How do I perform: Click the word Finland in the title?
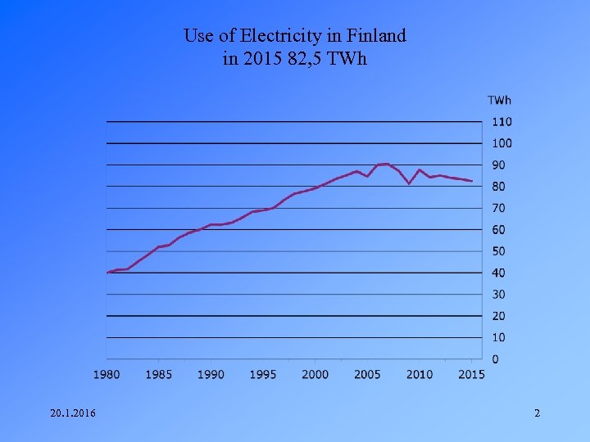coord(376,36)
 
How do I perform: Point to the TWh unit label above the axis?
coord(499,101)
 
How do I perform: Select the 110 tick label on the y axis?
coord(501,122)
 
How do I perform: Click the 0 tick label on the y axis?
coord(495,360)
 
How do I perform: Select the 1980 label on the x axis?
coord(107,375)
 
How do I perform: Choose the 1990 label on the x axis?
coord(211,375)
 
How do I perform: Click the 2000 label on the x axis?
coord(315,375)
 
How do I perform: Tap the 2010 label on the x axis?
coord(419,375)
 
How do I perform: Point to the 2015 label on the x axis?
coord(471,375)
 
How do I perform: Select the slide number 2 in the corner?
coord(537,413)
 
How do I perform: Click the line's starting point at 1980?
coord(107,273)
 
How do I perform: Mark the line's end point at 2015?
coord(472,181)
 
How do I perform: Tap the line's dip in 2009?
coord(409,183)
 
